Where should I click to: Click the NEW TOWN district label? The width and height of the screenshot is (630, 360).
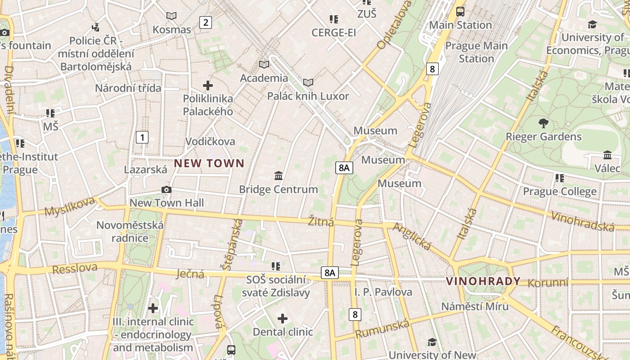(x=209, y=163)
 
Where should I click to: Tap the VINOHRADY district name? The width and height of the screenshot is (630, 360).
(x=483, y=282)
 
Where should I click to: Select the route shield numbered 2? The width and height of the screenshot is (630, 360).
(x=206, y=22)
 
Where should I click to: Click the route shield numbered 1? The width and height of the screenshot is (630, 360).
(x=142, y=137)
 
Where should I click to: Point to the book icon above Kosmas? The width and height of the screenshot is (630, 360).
(x=171, y=16)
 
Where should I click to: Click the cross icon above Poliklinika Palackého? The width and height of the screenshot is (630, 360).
(x=208, y=85)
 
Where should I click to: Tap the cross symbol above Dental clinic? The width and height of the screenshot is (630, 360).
(x=283, y=319)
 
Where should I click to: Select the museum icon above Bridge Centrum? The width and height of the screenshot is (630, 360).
(x=279, y=175)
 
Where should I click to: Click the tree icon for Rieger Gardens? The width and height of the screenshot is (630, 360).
(x=544, y=123)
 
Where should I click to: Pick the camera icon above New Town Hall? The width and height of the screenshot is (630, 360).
(x=166, y=189)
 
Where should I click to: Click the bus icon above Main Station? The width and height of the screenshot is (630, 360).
(x=460, y=12)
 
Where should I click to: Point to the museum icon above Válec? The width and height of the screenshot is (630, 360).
(x=607, y=155)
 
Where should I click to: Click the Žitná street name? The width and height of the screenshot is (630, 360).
(x=321, y=222)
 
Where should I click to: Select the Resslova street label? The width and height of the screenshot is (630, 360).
(x=75, y=269)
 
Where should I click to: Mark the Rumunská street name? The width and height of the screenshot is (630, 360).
(x=382, y=329)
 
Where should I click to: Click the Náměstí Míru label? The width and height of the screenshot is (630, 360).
(x=475, y=306)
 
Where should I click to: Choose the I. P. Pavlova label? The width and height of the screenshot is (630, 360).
(x=383, y=292)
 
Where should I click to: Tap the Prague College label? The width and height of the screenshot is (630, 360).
(x=560, y=192)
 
